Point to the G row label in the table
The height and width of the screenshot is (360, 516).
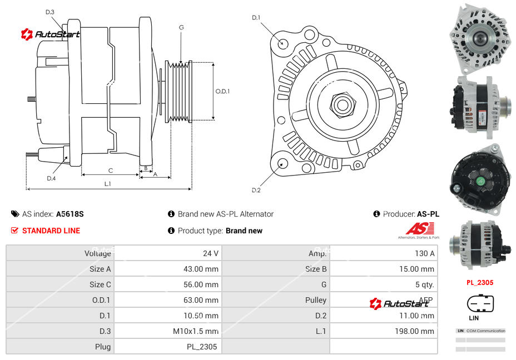click(324, 284)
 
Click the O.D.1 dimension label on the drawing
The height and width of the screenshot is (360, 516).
click(222, 91)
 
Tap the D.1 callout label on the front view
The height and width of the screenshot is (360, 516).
click(256, 18)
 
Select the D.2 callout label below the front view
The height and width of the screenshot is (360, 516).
click(256, 191)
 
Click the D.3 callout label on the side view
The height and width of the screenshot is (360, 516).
click(50, 12)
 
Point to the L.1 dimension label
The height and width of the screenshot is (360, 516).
click(108, 184)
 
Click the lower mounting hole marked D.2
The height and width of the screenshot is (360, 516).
click(282, 163)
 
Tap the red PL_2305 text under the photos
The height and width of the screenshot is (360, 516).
click(480, 282)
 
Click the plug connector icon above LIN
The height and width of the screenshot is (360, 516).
click(480, 304)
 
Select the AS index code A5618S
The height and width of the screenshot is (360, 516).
click(70, 214)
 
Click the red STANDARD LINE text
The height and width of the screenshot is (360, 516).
click(51, 231)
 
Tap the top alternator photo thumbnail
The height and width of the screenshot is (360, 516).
click(480, 38)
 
